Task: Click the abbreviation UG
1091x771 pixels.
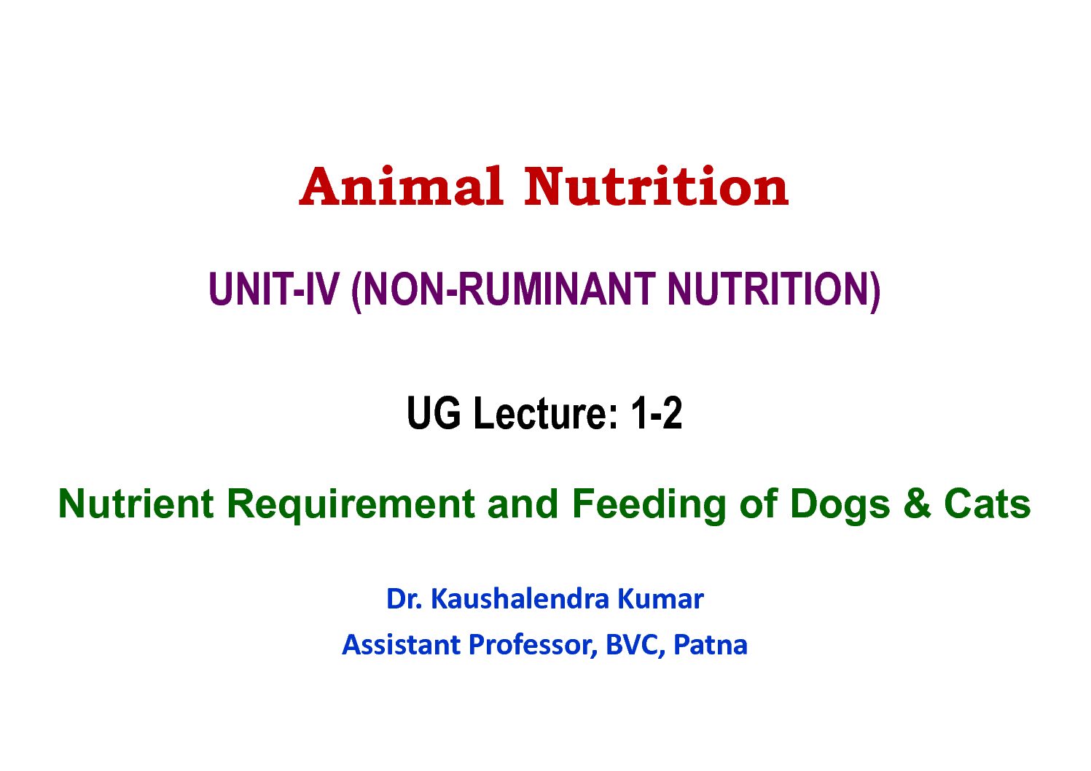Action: pos(434,413)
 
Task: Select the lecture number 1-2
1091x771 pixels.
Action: pos(656,413)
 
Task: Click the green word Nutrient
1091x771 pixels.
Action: pos(136,504)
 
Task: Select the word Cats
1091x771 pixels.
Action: pos(988,504)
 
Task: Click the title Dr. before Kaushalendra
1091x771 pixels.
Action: pos(404,599)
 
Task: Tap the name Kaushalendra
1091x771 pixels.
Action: pos(520,598)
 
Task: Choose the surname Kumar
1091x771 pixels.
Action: pos(660,599)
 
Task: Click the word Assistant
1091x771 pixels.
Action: pos(402,645)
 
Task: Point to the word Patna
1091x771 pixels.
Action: pos(710,645)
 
